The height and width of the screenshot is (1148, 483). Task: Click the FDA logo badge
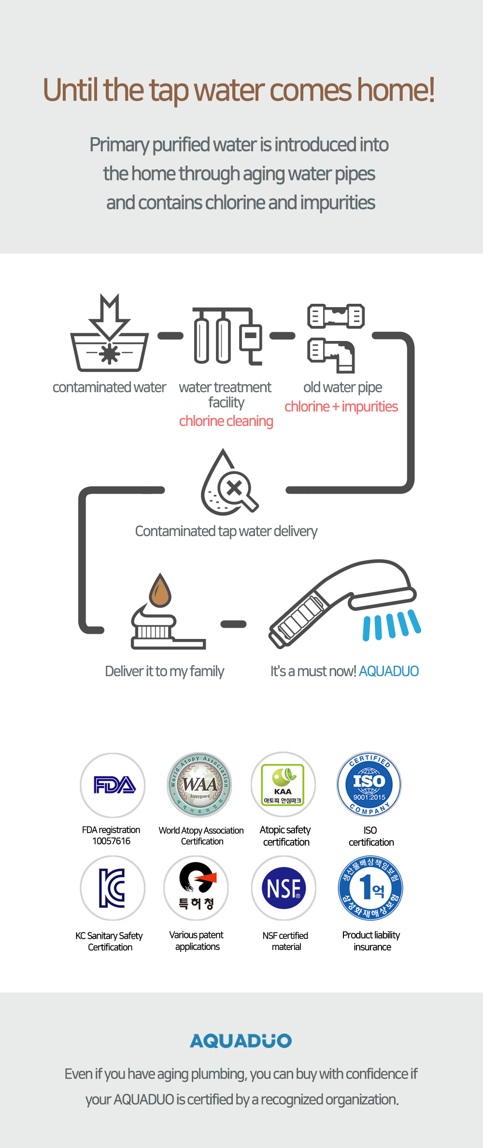point(113,785)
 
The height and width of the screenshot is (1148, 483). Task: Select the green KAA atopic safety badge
point(283,784)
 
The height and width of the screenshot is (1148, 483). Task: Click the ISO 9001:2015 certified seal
point(369,784)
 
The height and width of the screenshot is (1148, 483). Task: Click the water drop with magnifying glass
point(227,484)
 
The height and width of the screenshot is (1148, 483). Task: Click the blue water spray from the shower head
point(391,625)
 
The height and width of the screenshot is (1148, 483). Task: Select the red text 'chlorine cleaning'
point(226,421)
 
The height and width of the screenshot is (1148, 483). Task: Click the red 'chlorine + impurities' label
point(341,407)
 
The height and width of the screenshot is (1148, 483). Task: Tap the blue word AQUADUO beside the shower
point(389,671)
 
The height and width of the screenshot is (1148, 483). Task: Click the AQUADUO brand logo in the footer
point(241,1041)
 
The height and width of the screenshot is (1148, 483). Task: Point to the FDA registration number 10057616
point(111,841)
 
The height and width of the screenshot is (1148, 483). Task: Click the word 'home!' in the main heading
point(396,90)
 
